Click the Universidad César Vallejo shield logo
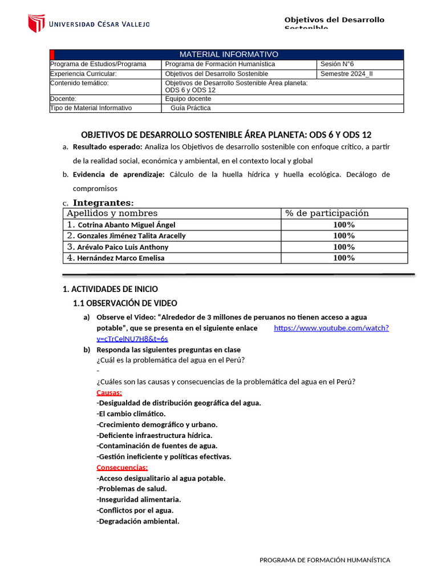[x=36, y=23]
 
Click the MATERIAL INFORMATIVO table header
[x=229, y=54]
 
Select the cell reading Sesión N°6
[x=337, y=64]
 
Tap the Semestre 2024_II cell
[x=346, y=74]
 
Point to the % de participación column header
[x=327, y=213]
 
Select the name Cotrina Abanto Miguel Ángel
[x=126, y=225]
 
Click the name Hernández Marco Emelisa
[x=120, y=258]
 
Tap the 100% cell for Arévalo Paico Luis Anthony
[x=344, y=247]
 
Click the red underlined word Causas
[x=109, y=392]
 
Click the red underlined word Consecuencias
[x=122, y=468]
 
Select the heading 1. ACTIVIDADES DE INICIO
[x=110, y=289]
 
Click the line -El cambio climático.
[x=131, y=413]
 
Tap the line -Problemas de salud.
[x=132, y=489]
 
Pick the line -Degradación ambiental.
[x=138, y=521]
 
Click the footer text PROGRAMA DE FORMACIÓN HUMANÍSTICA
[x=325, y=560]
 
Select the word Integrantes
[x=103, y=202]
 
